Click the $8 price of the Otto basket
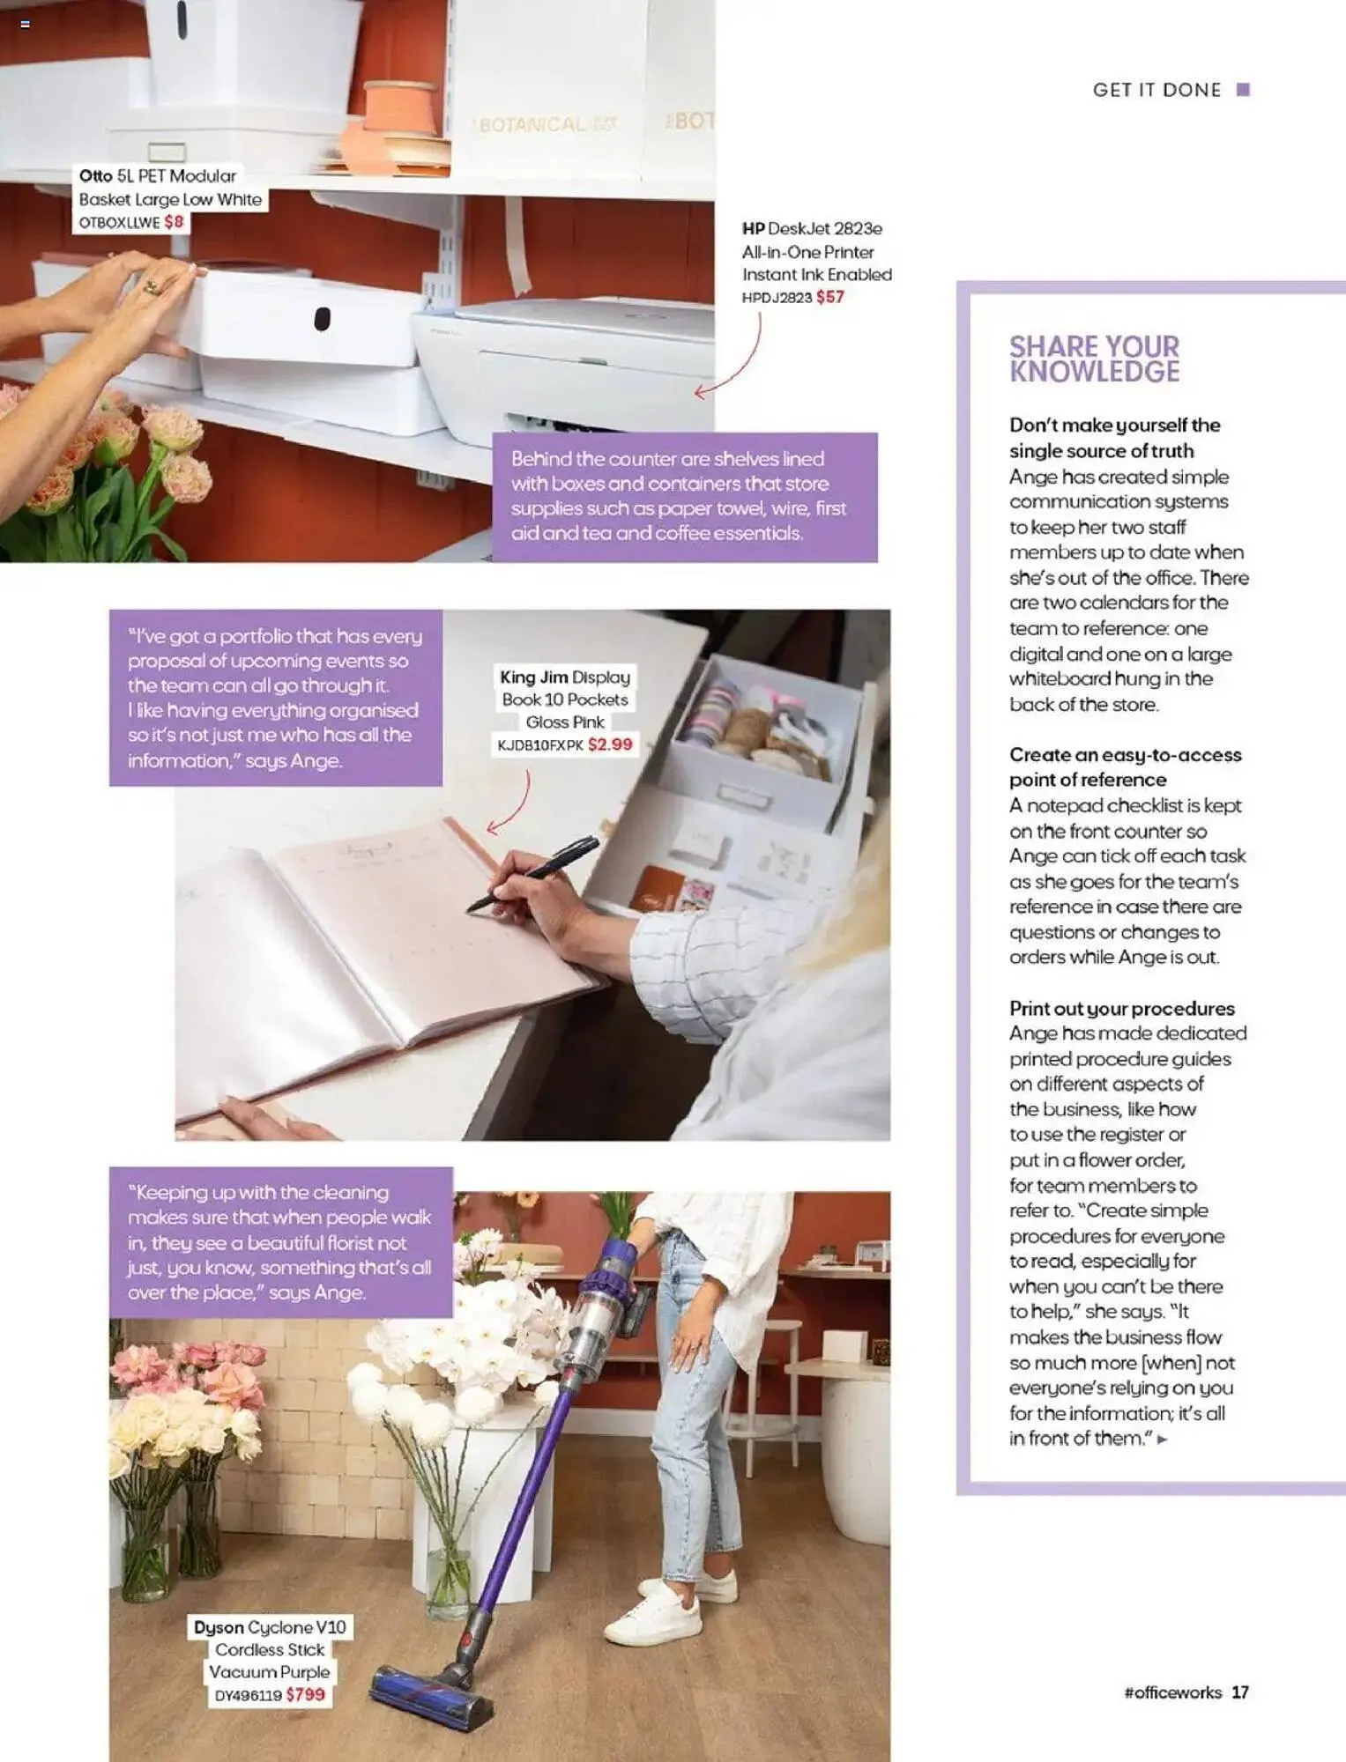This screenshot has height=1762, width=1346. point(174,222)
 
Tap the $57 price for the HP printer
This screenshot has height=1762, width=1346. point(829,298)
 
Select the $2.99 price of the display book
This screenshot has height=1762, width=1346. point(610,745)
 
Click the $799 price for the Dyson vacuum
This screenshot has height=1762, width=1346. point(305,1694)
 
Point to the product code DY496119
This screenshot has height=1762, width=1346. point(248,1695)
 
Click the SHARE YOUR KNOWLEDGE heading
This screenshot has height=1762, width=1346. point(1094,359)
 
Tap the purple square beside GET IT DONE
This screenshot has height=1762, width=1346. point(1243,90)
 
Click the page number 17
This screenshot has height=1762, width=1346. point(1239,1692)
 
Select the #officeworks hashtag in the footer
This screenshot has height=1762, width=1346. point(1172,1692)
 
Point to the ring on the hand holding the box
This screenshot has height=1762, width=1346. point(152,287)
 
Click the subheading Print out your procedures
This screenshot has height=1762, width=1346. point(1121,1008)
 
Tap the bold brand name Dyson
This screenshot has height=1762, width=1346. point(219,1627)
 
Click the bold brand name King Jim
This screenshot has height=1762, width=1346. point(533,677)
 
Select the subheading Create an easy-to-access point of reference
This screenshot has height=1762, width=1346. point(1124,766)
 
